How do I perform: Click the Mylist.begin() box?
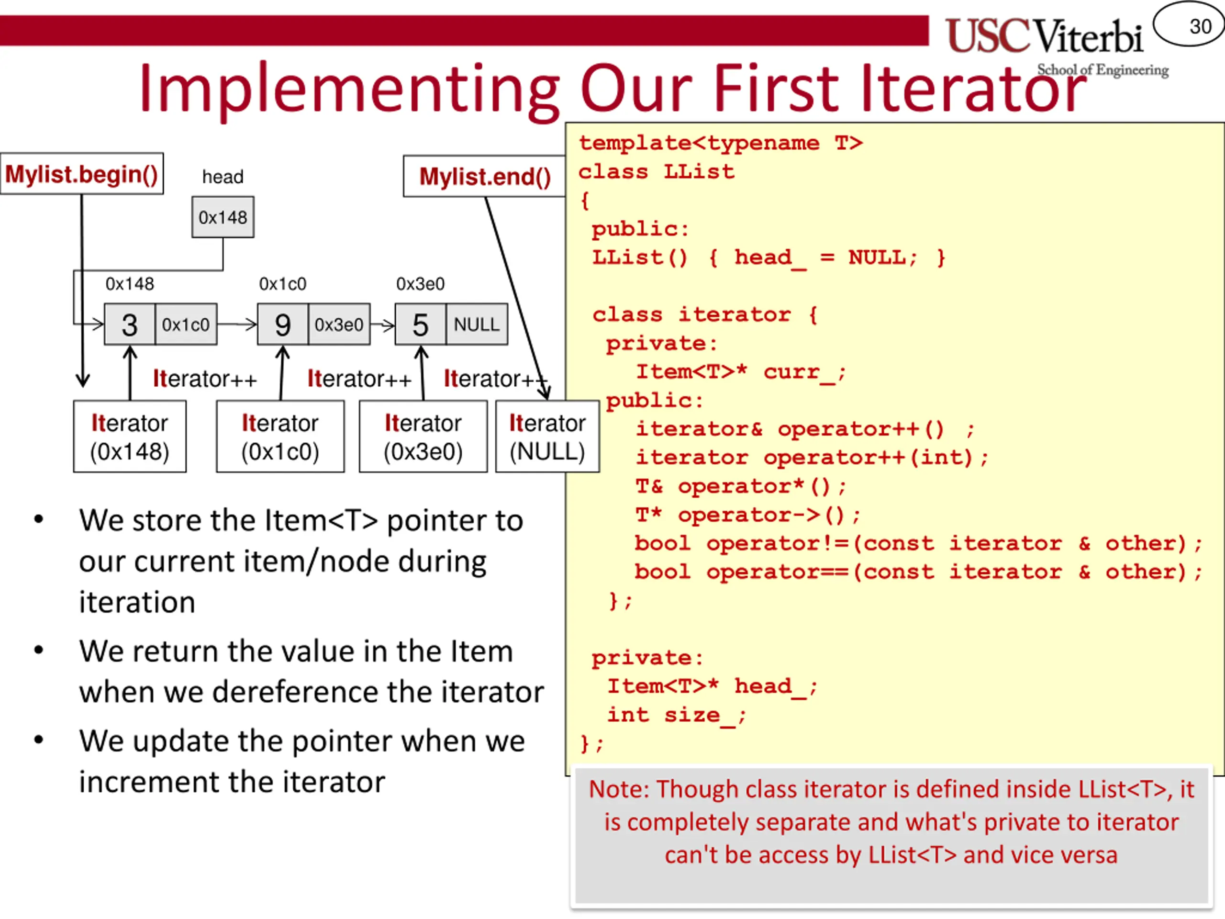pos(82,174)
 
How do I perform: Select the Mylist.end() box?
pos(485,177)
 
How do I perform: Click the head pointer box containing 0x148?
pos(223,217)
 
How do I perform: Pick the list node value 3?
pos(130,325)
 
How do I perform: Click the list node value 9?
pos(282,325)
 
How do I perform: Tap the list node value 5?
pos(420,325)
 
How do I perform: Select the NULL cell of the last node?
pos(476,325)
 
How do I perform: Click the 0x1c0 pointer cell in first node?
pos(186,325)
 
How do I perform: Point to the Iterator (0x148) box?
pos(130,437)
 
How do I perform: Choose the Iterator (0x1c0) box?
pos(280,437)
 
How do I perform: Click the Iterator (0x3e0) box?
pos(423,437)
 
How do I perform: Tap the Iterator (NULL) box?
pos(547,437)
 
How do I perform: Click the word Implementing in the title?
pos(349,89)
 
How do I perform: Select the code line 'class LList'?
pos(656,172)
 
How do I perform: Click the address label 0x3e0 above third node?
pos(420,284)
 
